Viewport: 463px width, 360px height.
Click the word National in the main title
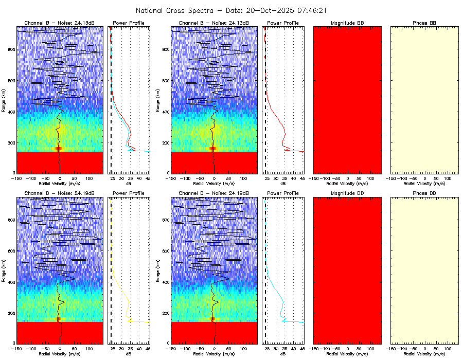(x=151, y=10)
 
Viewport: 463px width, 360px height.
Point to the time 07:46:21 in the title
(x=310, y=10)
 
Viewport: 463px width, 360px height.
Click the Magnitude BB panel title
(x=347, y=23)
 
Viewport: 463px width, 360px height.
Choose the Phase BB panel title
(x=424, y=23)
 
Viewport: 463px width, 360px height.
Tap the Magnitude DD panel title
(x=347, y=193)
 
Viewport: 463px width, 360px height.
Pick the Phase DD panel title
(x=424, y=193)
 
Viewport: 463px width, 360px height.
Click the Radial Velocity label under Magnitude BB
(x=347, y=184)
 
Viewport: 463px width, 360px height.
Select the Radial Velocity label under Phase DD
(x=424, y=354)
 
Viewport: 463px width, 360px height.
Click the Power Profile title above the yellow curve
(x=129, y=193)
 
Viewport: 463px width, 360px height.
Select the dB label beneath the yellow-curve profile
(x=129, y=354)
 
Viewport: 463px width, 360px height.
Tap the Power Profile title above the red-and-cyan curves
(x=129, y=23)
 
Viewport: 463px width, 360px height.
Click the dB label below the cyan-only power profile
(x=283, y=354)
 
